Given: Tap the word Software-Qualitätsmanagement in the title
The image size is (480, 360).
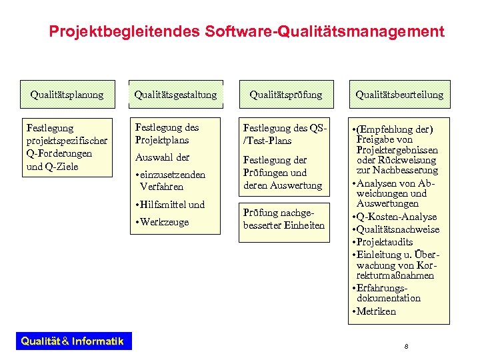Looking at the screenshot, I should [x=325, y=31].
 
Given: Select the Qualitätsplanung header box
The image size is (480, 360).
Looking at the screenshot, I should [x=67, y=95].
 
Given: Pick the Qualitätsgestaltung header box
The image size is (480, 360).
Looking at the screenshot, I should [x=175, y=95].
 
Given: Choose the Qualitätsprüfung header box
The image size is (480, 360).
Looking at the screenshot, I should [x=285, y=95].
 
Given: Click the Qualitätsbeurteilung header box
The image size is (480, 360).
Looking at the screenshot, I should [x=399, y=95].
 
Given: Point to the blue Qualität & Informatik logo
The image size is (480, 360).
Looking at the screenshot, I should [x=72, y=341].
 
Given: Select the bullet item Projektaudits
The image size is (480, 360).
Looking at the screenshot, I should [x=385, y=242].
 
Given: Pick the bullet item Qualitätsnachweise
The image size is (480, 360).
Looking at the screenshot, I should [x=398, y=229].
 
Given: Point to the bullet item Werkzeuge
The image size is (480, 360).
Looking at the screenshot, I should [x=164, y=222].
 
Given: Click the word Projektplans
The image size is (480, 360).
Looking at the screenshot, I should [x=162, y=140].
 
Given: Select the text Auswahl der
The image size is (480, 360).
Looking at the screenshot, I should [x=162, y=157].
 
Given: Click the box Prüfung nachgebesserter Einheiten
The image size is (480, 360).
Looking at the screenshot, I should [x=284, y=219].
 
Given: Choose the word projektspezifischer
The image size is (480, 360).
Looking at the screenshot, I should [x=66, y=140].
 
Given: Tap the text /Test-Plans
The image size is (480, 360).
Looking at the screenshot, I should [x=267, y=141].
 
